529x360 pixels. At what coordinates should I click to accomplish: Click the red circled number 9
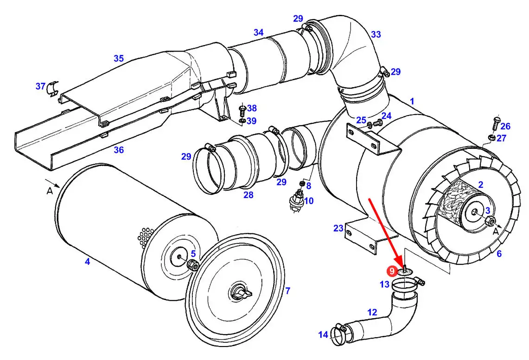[x=392, y=270]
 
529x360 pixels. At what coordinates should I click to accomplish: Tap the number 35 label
[x=119, y=58]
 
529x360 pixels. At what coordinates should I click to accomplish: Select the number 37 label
[x=41, y=86]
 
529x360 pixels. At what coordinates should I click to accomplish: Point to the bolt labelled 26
[x=495, y=124]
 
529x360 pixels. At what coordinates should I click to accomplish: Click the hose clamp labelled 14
[x=341, y=333]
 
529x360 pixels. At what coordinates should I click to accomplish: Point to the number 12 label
[x=372, y=313]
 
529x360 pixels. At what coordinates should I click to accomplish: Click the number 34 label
[x=258, y=32]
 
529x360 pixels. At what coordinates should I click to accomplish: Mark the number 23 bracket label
[x=338, y=228]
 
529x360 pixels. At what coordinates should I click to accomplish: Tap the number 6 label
[x=499, y=253]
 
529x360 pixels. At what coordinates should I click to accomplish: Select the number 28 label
[x=249, y=195]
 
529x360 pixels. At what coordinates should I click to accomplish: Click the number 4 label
[x=87, y=262]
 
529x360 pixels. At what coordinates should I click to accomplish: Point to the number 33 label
[x=376, y=34]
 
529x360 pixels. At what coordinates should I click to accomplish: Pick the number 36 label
[x=119, y=150]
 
